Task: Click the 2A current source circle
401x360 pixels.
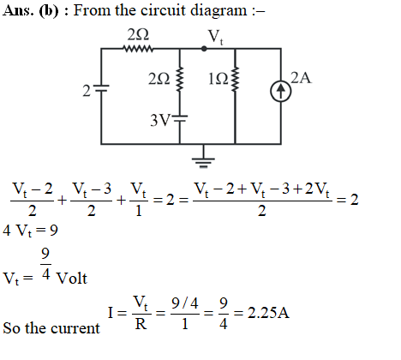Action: (281, 92)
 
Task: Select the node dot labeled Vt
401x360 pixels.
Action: (204, 49)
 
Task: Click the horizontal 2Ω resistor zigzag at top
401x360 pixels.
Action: (138, 49)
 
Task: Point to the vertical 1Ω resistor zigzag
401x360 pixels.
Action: (235, 79)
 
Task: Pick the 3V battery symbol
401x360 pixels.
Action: (180, 118)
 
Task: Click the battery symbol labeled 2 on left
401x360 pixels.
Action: (101, 88)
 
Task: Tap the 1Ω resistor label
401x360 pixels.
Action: (218, 79)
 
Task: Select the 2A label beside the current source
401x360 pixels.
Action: (301, 78)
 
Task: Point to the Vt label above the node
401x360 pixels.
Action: (216, 37)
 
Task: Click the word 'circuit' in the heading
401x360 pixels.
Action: (164, 10)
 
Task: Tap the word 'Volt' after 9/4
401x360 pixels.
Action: (72, 278)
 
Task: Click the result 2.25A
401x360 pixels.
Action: (268, 313)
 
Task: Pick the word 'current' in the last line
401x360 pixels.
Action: (75, 328)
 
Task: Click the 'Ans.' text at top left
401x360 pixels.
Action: (17, 11)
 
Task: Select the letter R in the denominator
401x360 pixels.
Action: (141, 324)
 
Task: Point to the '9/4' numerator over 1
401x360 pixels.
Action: (185, 303)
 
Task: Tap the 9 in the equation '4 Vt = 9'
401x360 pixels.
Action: (54, 230)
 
